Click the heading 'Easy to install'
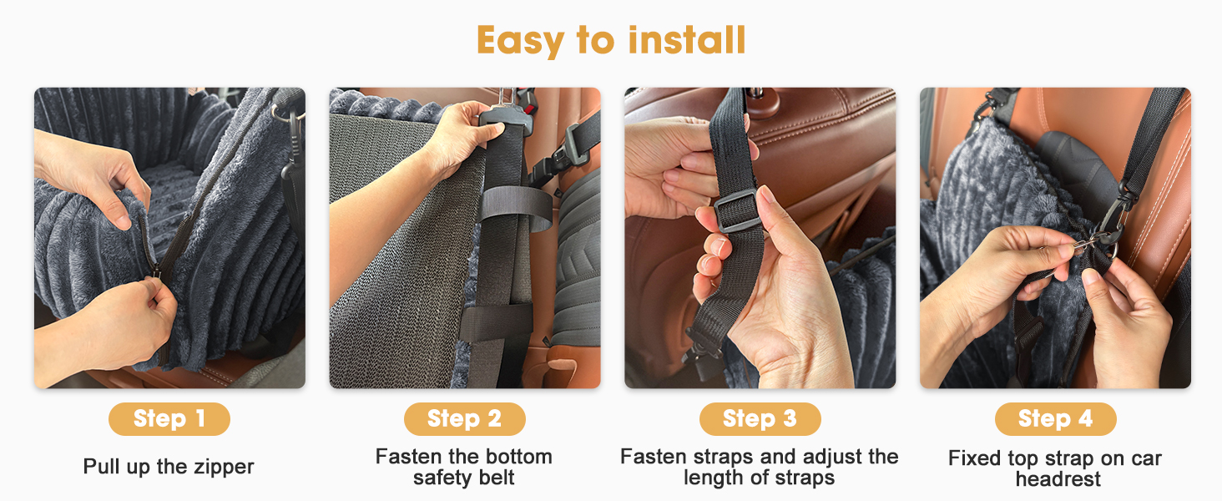[611, 39]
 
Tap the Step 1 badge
[169, 418]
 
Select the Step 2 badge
[464, 418]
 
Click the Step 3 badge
[760, 418]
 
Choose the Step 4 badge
[1055, 418]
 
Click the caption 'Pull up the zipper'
[169, 467]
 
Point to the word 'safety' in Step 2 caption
[442, 478]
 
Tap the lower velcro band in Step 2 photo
[496, 322]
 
